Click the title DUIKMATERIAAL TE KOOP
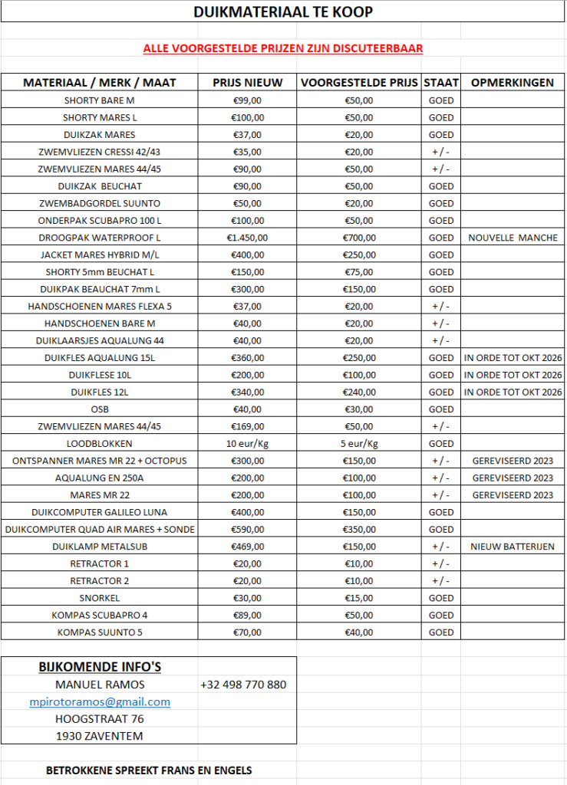click(x=283, y=13)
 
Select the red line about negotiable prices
click(x=283, y=48)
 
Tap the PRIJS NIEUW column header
click(x=247, y=83)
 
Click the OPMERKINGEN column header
click(x=513, y=83)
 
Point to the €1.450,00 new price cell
click(x=247, y=238)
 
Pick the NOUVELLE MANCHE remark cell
click(x=513, y=238)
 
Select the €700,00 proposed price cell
click(x=359, y=238)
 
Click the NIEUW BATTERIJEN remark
click(x=513, y=547)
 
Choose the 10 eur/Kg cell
click(x=247, y=444)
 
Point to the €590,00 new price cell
click(x=247, y=530)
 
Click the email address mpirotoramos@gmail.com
click(x=99, y=701)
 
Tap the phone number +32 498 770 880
click(x=243, y=685)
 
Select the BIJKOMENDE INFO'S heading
click(x=100, y=667)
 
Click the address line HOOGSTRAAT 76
click(x=99, y=719)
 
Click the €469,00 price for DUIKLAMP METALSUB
click(x=247, y=547)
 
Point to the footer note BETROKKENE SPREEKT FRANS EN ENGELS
click(x=149, y=770)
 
